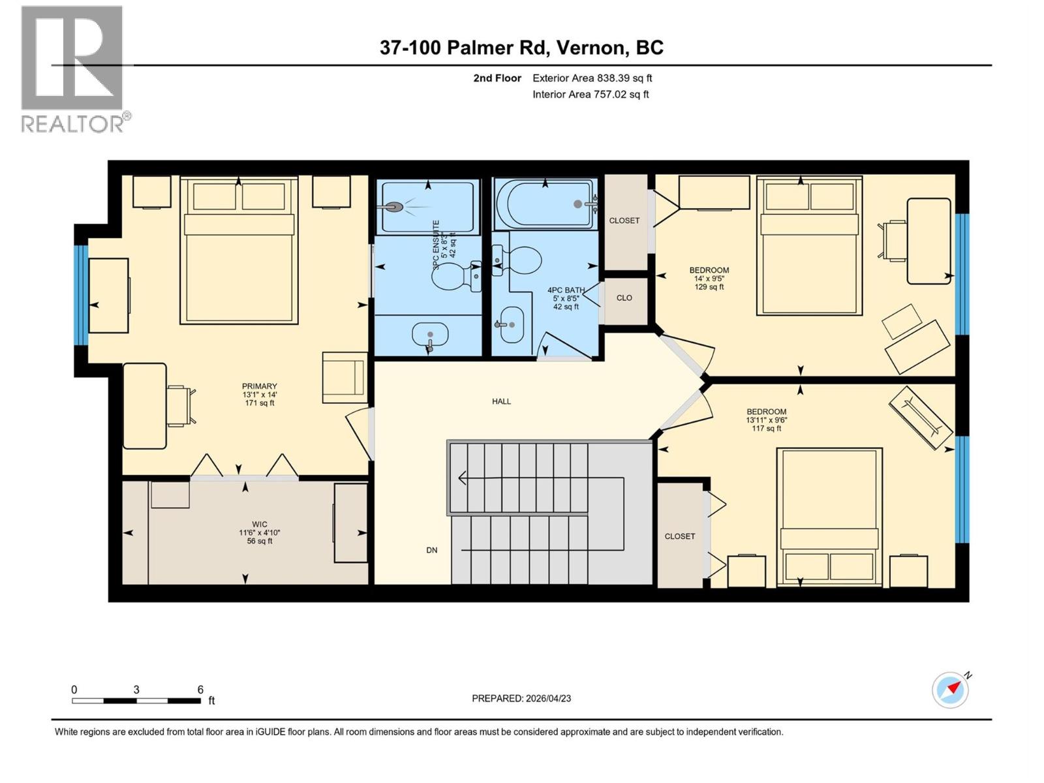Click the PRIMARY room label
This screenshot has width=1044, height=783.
point(259,386)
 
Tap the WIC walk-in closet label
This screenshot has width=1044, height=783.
point(259,524)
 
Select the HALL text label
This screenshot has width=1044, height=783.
point(501,401)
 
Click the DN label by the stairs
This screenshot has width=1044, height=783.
point(431,550)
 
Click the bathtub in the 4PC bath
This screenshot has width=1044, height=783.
point(545,204)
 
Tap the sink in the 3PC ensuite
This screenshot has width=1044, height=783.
point(430,335)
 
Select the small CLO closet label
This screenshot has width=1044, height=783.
point(624,298)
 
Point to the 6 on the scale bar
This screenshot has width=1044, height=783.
point(200,690)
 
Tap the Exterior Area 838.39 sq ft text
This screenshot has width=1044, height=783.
point(592,78)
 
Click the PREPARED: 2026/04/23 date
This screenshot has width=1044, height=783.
point(521,698)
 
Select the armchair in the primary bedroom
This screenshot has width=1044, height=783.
point(344,377)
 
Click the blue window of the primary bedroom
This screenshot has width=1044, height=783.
point(81,295)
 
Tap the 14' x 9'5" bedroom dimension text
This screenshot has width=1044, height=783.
point(709,279)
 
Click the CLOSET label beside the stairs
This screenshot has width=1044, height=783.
point(679,536)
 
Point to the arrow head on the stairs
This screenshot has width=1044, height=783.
point(463,478)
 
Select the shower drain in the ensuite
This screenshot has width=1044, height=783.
point(394,207)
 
